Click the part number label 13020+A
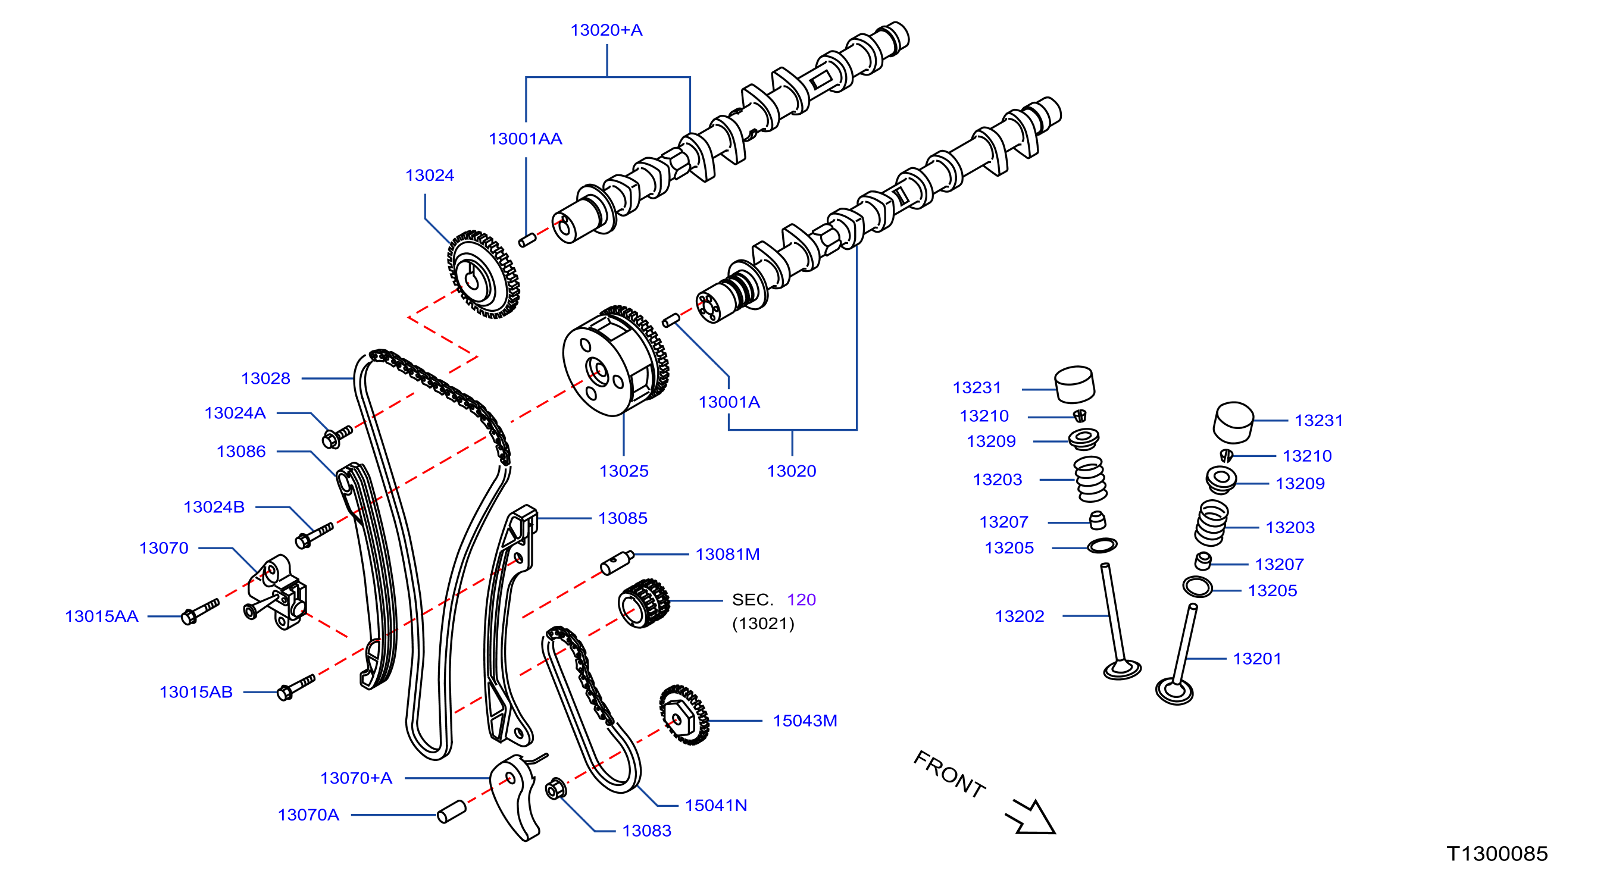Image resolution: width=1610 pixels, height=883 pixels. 607,30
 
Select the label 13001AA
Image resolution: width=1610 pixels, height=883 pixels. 525,139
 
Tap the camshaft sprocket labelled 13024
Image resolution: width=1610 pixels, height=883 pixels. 483,274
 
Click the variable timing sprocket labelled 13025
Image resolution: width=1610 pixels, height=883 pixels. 615,361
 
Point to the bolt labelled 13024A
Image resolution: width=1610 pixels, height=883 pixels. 337,436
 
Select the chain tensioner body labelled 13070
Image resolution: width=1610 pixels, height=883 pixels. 276,593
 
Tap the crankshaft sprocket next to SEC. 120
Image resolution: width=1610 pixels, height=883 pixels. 643,603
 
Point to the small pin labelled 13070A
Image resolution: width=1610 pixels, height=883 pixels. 451,811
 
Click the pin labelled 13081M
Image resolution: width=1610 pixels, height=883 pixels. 617,562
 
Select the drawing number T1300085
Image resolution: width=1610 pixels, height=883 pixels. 1497,854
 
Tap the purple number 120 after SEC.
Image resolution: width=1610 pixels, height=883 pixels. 801,600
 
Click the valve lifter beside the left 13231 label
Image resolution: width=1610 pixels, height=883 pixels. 1074,384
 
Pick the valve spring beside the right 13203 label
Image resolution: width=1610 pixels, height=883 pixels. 1211,522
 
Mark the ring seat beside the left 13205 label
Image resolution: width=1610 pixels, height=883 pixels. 1102,546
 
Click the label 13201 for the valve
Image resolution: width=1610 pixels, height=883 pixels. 1257,659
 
